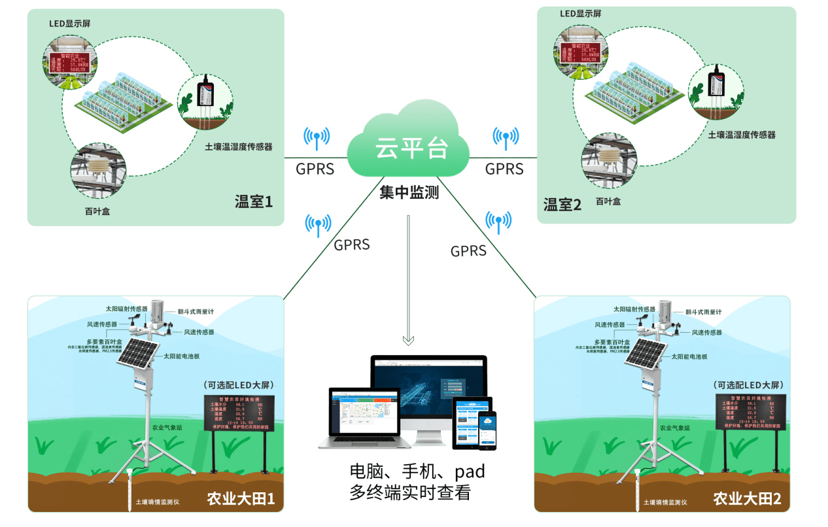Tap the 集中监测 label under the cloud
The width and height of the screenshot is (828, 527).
[x=409, y=193]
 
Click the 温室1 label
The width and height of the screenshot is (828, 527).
[x=253, y=201]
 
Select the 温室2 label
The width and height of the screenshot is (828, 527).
[x=562, y=205]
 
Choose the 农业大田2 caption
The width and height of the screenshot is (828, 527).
[x=747, y=499]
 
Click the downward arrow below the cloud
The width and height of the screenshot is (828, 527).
[x=409, y=281]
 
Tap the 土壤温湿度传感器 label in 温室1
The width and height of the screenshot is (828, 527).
[x=239, y=146]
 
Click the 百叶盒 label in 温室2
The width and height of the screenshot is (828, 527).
[x=608, y=201]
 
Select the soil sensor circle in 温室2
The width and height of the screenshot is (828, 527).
[x=716, y=91]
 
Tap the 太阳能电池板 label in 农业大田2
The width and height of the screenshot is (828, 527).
[x=699, y=357]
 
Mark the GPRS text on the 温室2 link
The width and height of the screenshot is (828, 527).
[x=504, y=169]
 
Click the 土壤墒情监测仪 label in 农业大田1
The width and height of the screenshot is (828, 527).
[x=157, y=503]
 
